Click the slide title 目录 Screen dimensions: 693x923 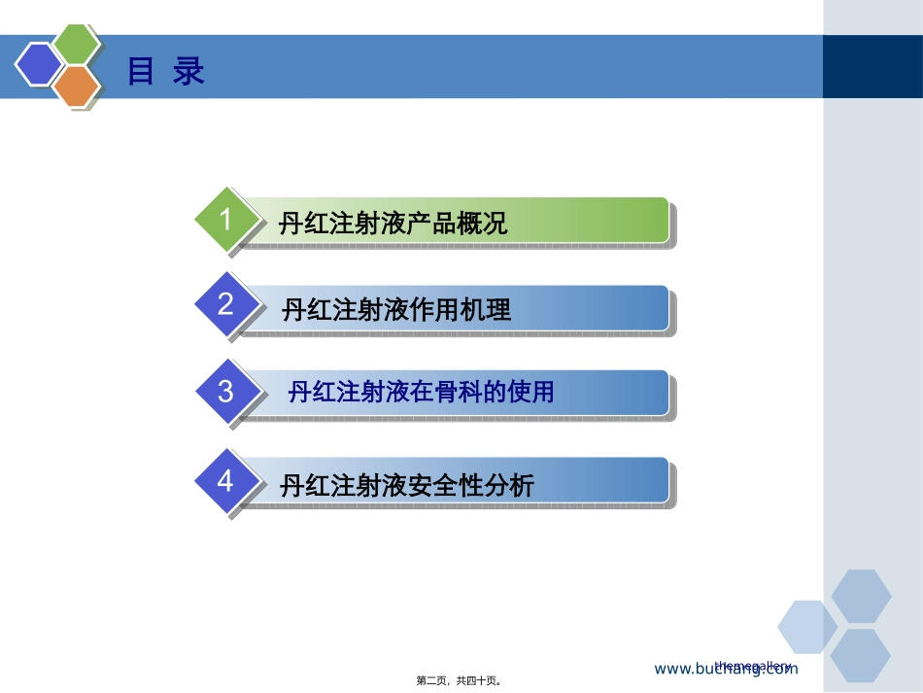pyautogui.click(x=166, y=71)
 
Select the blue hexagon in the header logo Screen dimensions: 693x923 pyautogui.click(x=38, y=65)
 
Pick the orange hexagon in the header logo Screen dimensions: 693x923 pyautogui.click(x=78, y=87)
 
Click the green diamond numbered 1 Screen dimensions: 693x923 pyautogui.click(x=226, y=220)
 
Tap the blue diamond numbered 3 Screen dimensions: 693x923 pyautogui.click(x=226, y=391)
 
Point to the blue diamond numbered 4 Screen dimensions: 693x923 pyautogui.click(x=226, y=480)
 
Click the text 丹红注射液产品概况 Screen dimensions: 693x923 pyautogui.click(x=393, y=225)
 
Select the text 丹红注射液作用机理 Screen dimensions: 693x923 pyautogui.click(x=395, y=311)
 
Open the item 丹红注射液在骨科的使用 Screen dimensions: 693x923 pyautogui.click(x=421, y=393)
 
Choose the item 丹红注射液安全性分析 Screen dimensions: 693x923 pyautogui.click(x=406, y=485)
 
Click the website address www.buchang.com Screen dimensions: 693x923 pyautogui.click(x=726, y=669)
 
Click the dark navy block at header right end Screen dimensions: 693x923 pyautogui.click(x=872, y=66)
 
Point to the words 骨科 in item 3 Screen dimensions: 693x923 pyautogui.click(x=456, y=393)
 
